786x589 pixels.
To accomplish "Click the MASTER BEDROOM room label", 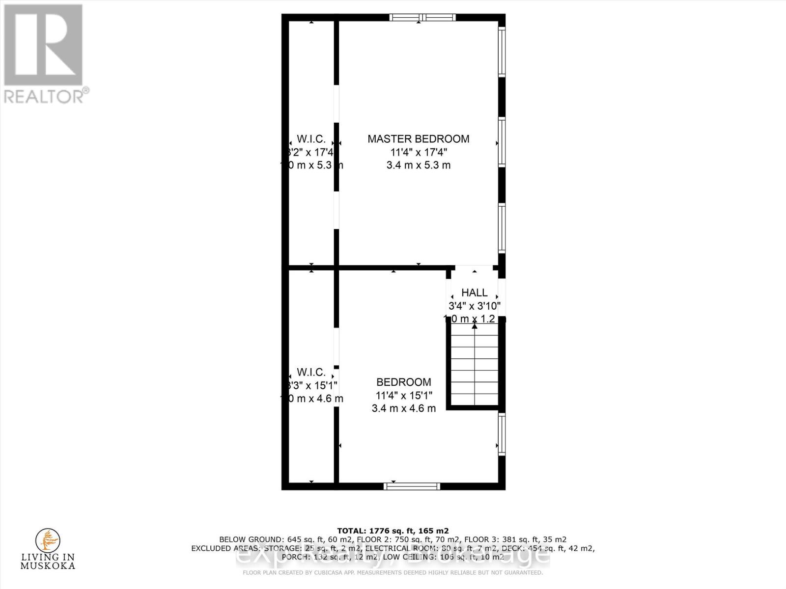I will [x=419, y=139].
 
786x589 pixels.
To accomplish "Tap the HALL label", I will [x=475, y=293].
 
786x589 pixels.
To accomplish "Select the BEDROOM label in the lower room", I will [x=404, y=382].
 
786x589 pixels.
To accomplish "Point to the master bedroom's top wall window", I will [x=423, y=18].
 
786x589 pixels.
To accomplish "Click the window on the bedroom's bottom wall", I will [x=412, y=486].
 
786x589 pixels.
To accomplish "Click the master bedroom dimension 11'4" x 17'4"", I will [x=419, y=152].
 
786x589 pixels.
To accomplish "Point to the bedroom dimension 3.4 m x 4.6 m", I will [x=404, y=408].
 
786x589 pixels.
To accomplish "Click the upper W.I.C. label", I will [x=311, y=139].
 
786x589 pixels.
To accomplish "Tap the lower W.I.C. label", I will [x=311, y=373].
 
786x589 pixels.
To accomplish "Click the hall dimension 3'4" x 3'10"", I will [x=475, y=306].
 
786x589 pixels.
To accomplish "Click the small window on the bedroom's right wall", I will [x=502, y=432].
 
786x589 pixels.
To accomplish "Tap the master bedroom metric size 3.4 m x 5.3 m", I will [x=419, y=165].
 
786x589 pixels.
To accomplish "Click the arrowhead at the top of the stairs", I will [x=475, y=326].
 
